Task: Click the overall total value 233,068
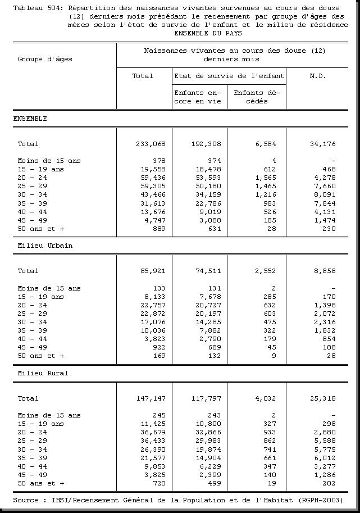(x=150, y=144)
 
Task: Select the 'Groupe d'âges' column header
(x=45, y=59)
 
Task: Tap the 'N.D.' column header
(x=317, y=76)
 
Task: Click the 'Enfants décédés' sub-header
(x=257, y=97)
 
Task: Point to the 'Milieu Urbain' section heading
(x=45, y=246)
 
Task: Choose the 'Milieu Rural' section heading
(x=43, y=373)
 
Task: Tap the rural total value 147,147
(x=150, y=398)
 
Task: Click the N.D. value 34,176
(x=323, y=144)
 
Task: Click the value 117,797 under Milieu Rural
(x=206, y=398)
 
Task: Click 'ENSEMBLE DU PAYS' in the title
(x=204, y=33)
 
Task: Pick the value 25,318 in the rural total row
(x=323, y=398)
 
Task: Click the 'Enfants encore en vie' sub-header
(x=198, y=97)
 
